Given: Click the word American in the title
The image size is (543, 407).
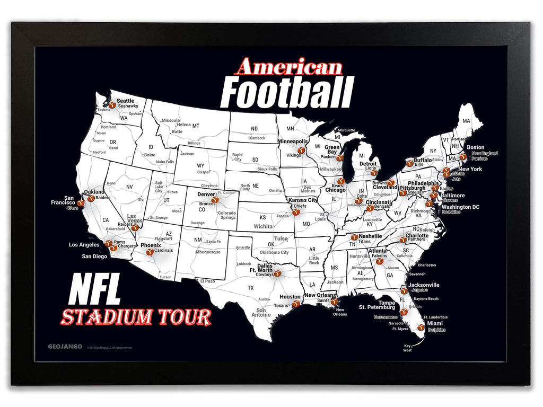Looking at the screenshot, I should pos(289,68).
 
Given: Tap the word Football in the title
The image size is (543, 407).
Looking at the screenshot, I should pos(286,92).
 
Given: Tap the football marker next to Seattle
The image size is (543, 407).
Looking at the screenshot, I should pos(112,105).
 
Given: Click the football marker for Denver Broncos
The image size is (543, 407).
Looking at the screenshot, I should pos(215,200).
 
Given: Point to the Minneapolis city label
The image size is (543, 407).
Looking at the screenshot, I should pos(293,141).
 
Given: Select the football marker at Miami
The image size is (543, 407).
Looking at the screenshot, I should pos(421,328).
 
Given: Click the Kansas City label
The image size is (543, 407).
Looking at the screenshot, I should pos(302,200).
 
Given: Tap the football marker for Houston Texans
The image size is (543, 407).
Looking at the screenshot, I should pos(295,304).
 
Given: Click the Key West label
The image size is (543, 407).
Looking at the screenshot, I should pos(407,348).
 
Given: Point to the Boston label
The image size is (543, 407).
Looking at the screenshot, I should pos(475,147).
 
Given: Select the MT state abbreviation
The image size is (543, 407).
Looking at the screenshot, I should pos(196,126).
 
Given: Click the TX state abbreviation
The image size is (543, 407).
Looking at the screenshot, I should pos(250,288).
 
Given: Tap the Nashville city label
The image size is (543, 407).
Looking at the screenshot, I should pos(370,236).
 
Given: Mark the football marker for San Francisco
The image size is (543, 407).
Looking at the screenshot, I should pos(81,203).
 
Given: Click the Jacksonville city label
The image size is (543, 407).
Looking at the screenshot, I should pos(423,285).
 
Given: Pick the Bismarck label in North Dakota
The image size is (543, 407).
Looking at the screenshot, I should pos(257,138).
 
